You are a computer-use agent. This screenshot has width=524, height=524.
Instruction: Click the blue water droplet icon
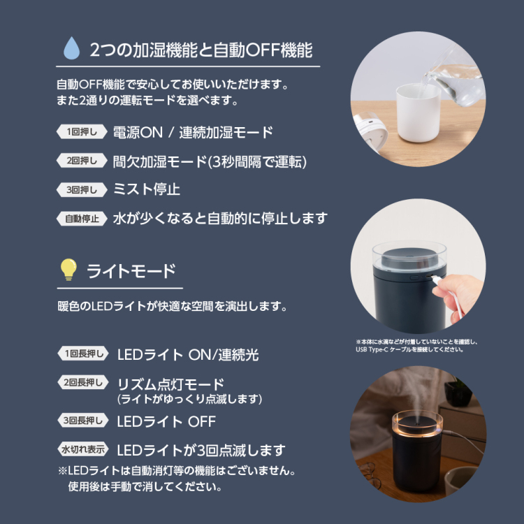point(71,49)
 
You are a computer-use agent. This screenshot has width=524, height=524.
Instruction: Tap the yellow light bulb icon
point(68,270)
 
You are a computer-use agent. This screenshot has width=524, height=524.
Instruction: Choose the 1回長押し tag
point(84,354)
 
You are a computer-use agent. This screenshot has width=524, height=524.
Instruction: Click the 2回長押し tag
point(84,382)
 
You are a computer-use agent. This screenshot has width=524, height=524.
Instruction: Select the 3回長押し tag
point(84,421)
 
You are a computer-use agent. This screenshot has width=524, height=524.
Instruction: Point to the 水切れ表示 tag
point(84,449)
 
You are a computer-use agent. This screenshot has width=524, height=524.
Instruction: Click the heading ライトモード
point(131,270)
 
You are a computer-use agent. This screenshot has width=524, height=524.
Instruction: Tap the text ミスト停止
point(147,189)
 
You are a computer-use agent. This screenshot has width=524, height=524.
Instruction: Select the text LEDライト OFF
point(166,421)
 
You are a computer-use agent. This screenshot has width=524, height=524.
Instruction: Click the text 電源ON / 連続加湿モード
point(193,132)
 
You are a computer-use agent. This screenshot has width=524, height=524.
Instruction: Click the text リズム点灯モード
point(171,384)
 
